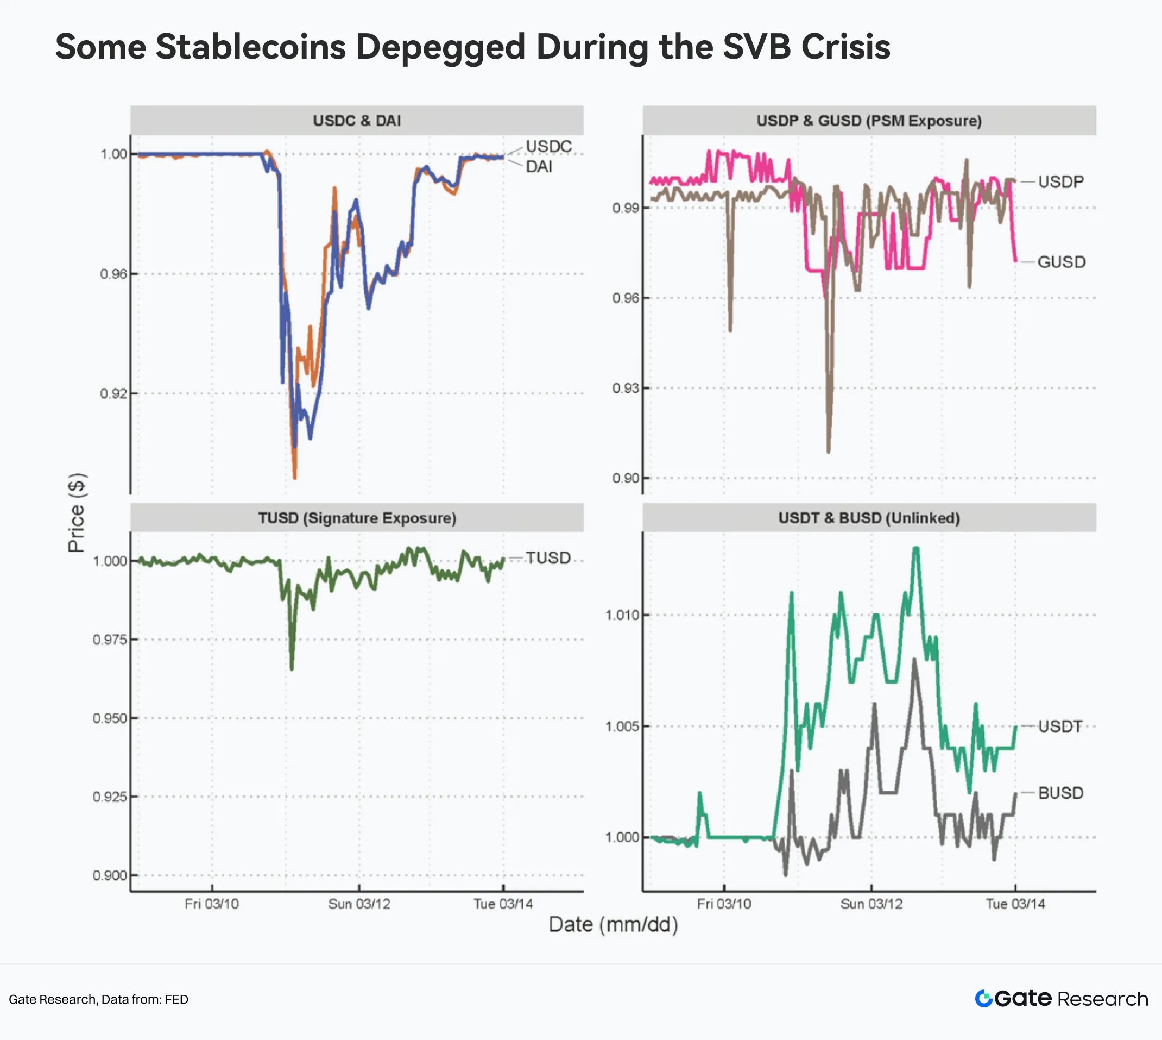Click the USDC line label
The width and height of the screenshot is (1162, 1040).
pos(548,146)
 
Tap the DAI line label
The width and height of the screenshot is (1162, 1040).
pos(539,167)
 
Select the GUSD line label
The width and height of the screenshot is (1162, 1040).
pos(1061,262)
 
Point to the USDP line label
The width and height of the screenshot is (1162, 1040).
pos(1060,181)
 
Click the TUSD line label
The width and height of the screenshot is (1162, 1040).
pos(547,557)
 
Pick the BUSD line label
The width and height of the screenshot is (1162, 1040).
pos(1060,793)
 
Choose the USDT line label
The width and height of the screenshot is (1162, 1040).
pos(1060,727)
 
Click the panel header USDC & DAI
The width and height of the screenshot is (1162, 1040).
pos(357,121)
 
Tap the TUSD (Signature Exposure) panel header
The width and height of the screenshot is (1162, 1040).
pos(357,518)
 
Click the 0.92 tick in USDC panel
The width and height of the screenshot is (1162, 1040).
pos(113,394)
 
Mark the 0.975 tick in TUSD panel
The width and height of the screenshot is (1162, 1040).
pos(109,640)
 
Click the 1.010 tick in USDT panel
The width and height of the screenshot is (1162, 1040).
pos(622,616)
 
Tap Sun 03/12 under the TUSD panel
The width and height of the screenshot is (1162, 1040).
pos(359,904)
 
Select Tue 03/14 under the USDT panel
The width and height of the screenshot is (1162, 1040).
pos(1015,904)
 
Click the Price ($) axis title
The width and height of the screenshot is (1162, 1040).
pos(77,512)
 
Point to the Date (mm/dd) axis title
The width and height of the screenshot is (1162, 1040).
pos(612,925)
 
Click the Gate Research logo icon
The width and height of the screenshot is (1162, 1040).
pos(983,999)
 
